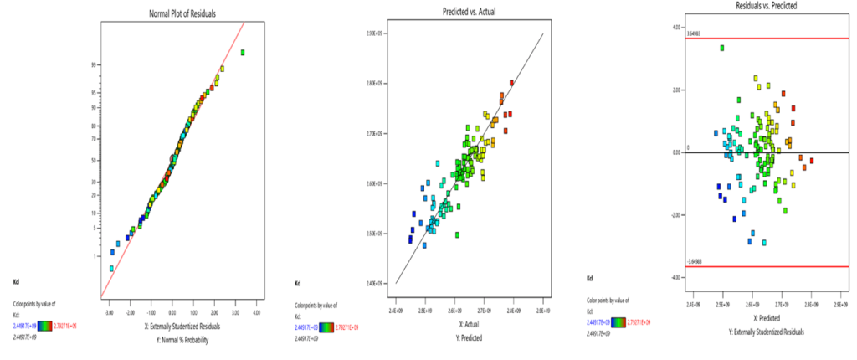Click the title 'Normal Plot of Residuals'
point(172,11)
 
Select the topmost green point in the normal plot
point(243,53)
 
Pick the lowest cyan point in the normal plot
point(111,269)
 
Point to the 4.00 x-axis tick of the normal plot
point(256,312)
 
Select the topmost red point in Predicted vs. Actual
point(511,83)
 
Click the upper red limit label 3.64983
point(691,34)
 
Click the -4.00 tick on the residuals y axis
point(676,277)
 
